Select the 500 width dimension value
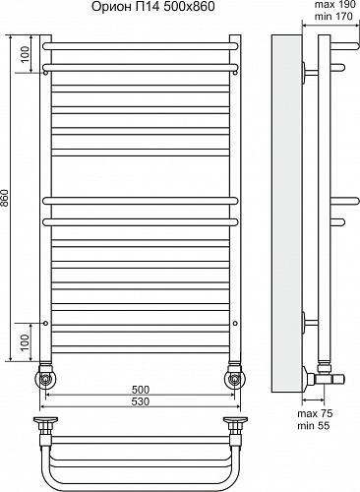tap(140, 389)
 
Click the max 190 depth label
tap(334, 7)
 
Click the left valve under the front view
tap(45, 377)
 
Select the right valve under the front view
tap(234, 377)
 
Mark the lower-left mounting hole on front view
tap(45, 324)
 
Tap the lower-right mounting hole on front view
tap(234, 324)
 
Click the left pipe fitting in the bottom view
tap(45, 424)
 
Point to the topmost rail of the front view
tap(140, 45)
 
